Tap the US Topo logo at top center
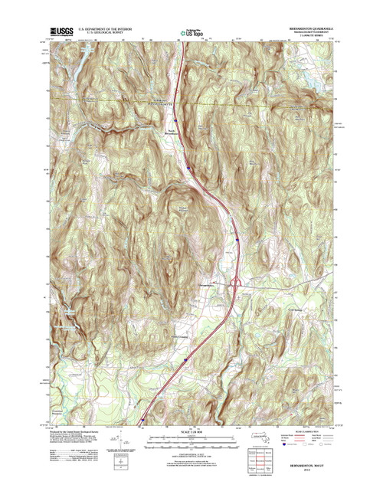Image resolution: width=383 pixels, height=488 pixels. point(191,32)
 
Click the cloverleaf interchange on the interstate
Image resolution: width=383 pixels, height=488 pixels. point(237,284)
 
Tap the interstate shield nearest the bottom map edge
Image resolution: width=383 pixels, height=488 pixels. point(143,420)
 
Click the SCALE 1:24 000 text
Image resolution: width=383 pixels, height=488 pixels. point(191,430)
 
